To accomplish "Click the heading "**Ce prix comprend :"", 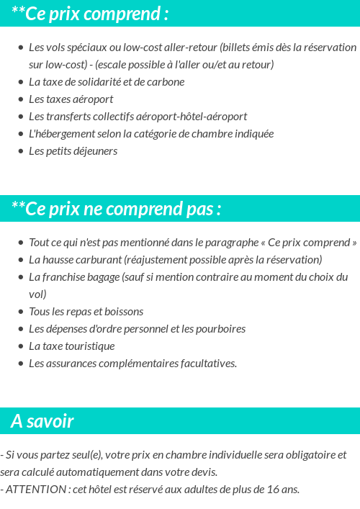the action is click(x=91, y=14).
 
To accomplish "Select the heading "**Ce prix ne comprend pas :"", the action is click(x=116, y=209).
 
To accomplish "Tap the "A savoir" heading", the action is click(x=42, y=421).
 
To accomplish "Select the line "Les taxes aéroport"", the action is click(x=71, y=99).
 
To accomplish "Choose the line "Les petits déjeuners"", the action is click(x=73, y=150).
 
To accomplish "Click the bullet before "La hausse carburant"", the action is click(x=21, y=260).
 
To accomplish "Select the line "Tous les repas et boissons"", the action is click(x=86, y=311).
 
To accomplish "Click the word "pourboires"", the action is click(x=221, y=328).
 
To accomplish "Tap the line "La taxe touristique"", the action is click(x=71, y=346).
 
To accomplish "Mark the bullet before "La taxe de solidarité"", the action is click(x=21, y=82).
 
